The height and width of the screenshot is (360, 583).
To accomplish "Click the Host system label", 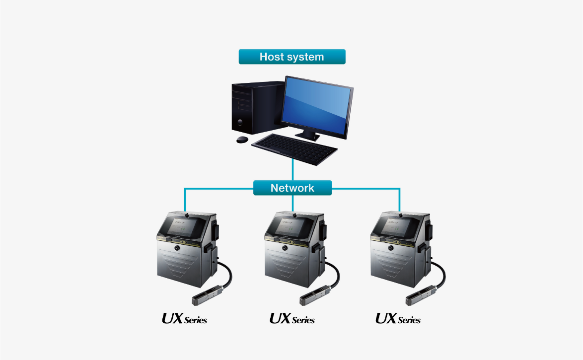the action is click(x=292, y=57).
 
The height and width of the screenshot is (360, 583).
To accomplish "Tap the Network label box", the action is click(x=292, y=188).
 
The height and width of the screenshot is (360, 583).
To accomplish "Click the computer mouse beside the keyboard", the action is click(x=242, y=140).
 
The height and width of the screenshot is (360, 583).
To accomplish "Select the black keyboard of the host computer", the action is click(x=294, y=149).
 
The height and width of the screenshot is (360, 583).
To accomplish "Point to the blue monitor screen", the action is click(x=316, y=106).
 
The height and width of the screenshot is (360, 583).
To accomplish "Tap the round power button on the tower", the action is click(x=239, y=122).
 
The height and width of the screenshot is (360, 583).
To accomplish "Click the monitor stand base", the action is click(x=307, y=136).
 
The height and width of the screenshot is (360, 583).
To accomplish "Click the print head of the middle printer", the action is click(x=315, y=294).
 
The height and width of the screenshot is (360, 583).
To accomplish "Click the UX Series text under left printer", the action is click(x=184, y=318).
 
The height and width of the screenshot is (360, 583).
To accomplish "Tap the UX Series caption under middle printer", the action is click(x=292, y=318).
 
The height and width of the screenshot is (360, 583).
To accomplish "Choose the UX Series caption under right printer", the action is click(x=398, y=318).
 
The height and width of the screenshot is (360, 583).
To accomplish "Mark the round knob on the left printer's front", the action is click(x=177, y=248).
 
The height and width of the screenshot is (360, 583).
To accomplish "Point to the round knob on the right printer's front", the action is click(x=391, y=248).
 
